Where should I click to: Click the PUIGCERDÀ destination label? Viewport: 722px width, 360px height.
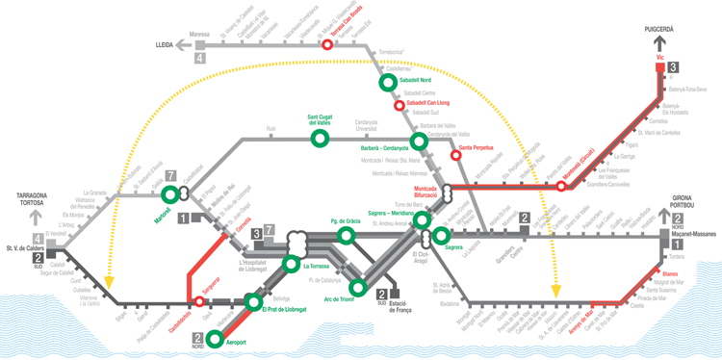coord(659,30)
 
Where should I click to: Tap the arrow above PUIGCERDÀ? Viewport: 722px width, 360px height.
coord(659,44)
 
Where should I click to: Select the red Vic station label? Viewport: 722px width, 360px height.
coord(660,58)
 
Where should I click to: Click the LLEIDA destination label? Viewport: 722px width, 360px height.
coord(171,44)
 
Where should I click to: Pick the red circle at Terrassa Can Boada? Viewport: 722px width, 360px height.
coord(327,44)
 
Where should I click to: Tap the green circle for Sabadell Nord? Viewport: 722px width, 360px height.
coord(387,84)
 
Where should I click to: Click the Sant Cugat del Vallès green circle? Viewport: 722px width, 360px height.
coord(320,140)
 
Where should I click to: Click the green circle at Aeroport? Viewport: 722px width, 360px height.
coord(214,339)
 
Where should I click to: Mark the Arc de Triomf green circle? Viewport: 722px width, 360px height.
coord(358,286)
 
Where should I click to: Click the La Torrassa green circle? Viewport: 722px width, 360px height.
coord(289,263)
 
